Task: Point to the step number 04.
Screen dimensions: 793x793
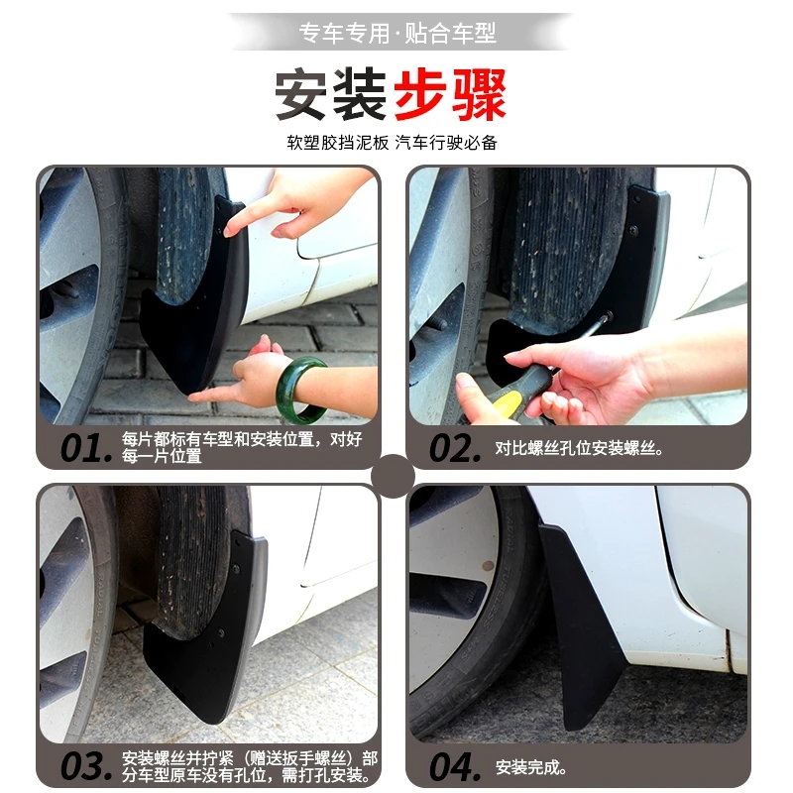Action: point(455,766)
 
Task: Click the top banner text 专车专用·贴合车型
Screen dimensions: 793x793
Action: point(396,34)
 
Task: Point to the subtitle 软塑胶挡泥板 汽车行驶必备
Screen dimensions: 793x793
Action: point(392,142)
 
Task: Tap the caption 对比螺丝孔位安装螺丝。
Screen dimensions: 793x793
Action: point(579,448)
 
